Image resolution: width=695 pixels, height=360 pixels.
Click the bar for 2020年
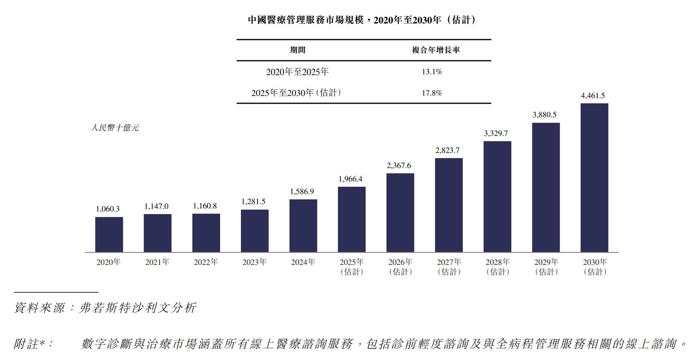109,234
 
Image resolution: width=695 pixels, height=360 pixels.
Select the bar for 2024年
303,226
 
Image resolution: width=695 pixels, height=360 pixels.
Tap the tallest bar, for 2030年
594,178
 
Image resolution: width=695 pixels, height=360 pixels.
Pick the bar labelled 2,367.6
400,213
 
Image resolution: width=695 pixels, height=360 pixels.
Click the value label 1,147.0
156,206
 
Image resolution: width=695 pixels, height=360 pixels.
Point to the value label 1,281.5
254,201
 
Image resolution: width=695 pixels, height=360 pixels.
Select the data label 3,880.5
544,115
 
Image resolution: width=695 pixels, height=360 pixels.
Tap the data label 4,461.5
593,96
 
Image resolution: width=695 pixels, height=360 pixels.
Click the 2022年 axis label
206,262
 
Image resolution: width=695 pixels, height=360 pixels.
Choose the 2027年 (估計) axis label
449,267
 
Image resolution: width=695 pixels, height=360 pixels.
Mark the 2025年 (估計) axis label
352,267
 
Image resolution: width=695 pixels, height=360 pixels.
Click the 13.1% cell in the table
432,72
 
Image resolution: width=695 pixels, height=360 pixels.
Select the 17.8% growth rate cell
432,93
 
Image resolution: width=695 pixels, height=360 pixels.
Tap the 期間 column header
298,50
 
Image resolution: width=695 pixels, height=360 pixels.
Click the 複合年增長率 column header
436,50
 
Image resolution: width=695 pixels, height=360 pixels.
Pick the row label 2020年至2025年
297,72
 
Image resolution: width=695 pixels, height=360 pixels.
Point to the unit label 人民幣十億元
115,128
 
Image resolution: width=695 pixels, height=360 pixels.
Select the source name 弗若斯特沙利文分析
138,308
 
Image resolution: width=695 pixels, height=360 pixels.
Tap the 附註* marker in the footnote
33,344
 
